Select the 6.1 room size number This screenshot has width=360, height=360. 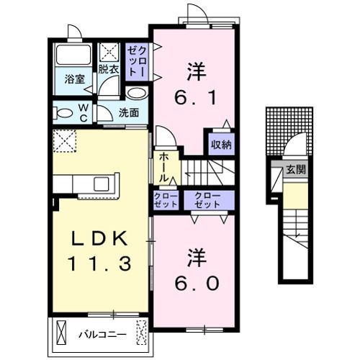point(194,93)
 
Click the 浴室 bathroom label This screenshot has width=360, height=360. point(73,78)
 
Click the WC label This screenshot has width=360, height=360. point(84,112)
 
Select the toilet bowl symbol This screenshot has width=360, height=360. point(63,112)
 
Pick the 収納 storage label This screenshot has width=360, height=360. point(221,145)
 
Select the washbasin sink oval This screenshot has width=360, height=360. point(136,93)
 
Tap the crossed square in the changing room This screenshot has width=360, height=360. point(110,53)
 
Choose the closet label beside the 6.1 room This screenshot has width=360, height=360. point(136,60)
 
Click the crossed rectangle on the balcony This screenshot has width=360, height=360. point(143,333)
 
